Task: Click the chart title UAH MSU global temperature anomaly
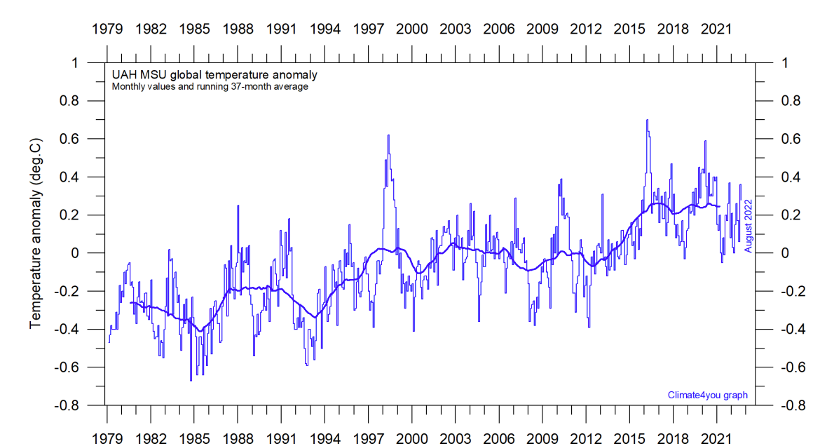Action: pyautogui.click(x=214, y=75)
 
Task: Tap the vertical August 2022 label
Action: pyautogui.click(x=748, y=225)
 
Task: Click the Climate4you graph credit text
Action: pyautogui.click(x=707, y=395)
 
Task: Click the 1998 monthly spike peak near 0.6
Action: pyautogui.click(x=388, y=135)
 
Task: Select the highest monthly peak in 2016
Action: pyautogui.click(x=647, y=120)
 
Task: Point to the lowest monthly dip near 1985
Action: pyautogui.click(x=191, y=380)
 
